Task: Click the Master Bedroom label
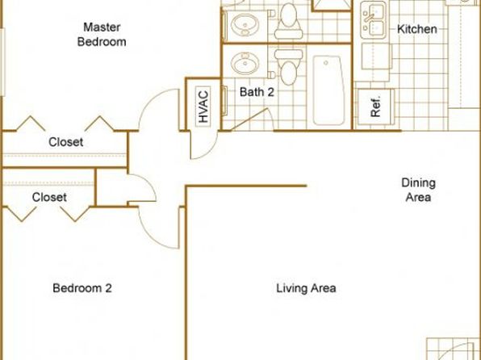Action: (102, 35)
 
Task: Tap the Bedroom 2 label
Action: (82, 288)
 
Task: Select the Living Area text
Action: (306, 288)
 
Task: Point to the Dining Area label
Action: (418, 190)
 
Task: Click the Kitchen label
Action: (417, 29)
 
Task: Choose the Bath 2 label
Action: (257, 92)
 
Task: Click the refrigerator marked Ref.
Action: (376, 107)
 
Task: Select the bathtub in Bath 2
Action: (328, 90)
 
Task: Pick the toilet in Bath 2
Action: (287, 67)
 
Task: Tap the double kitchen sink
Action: (373, 20)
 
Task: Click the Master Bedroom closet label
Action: (65, 142)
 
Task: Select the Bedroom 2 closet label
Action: (49, 197)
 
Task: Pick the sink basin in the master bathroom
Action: (245, 25)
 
